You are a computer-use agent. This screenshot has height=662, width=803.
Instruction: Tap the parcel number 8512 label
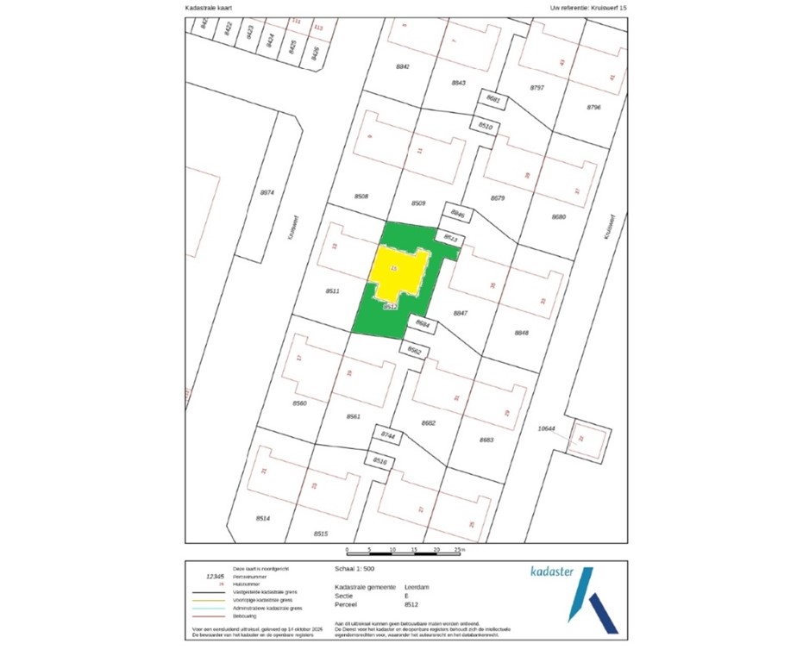389,307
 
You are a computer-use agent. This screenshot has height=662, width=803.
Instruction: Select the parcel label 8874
267,192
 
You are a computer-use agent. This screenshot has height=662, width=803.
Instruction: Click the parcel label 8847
461,314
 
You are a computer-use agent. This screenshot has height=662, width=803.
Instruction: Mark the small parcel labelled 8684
422,324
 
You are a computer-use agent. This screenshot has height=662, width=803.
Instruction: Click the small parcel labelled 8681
493,101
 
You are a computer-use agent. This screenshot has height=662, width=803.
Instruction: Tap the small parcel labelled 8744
388,437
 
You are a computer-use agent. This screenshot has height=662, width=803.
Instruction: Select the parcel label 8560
299,403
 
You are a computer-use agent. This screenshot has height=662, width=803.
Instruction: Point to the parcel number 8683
486,440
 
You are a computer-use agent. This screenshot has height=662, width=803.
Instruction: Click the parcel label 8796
593,107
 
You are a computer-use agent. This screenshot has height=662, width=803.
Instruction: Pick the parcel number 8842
402,66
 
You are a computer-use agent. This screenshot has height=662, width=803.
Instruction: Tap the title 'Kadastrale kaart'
209,8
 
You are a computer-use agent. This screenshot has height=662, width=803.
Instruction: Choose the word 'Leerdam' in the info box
416,586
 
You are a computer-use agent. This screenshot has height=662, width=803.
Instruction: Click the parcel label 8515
321,534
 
